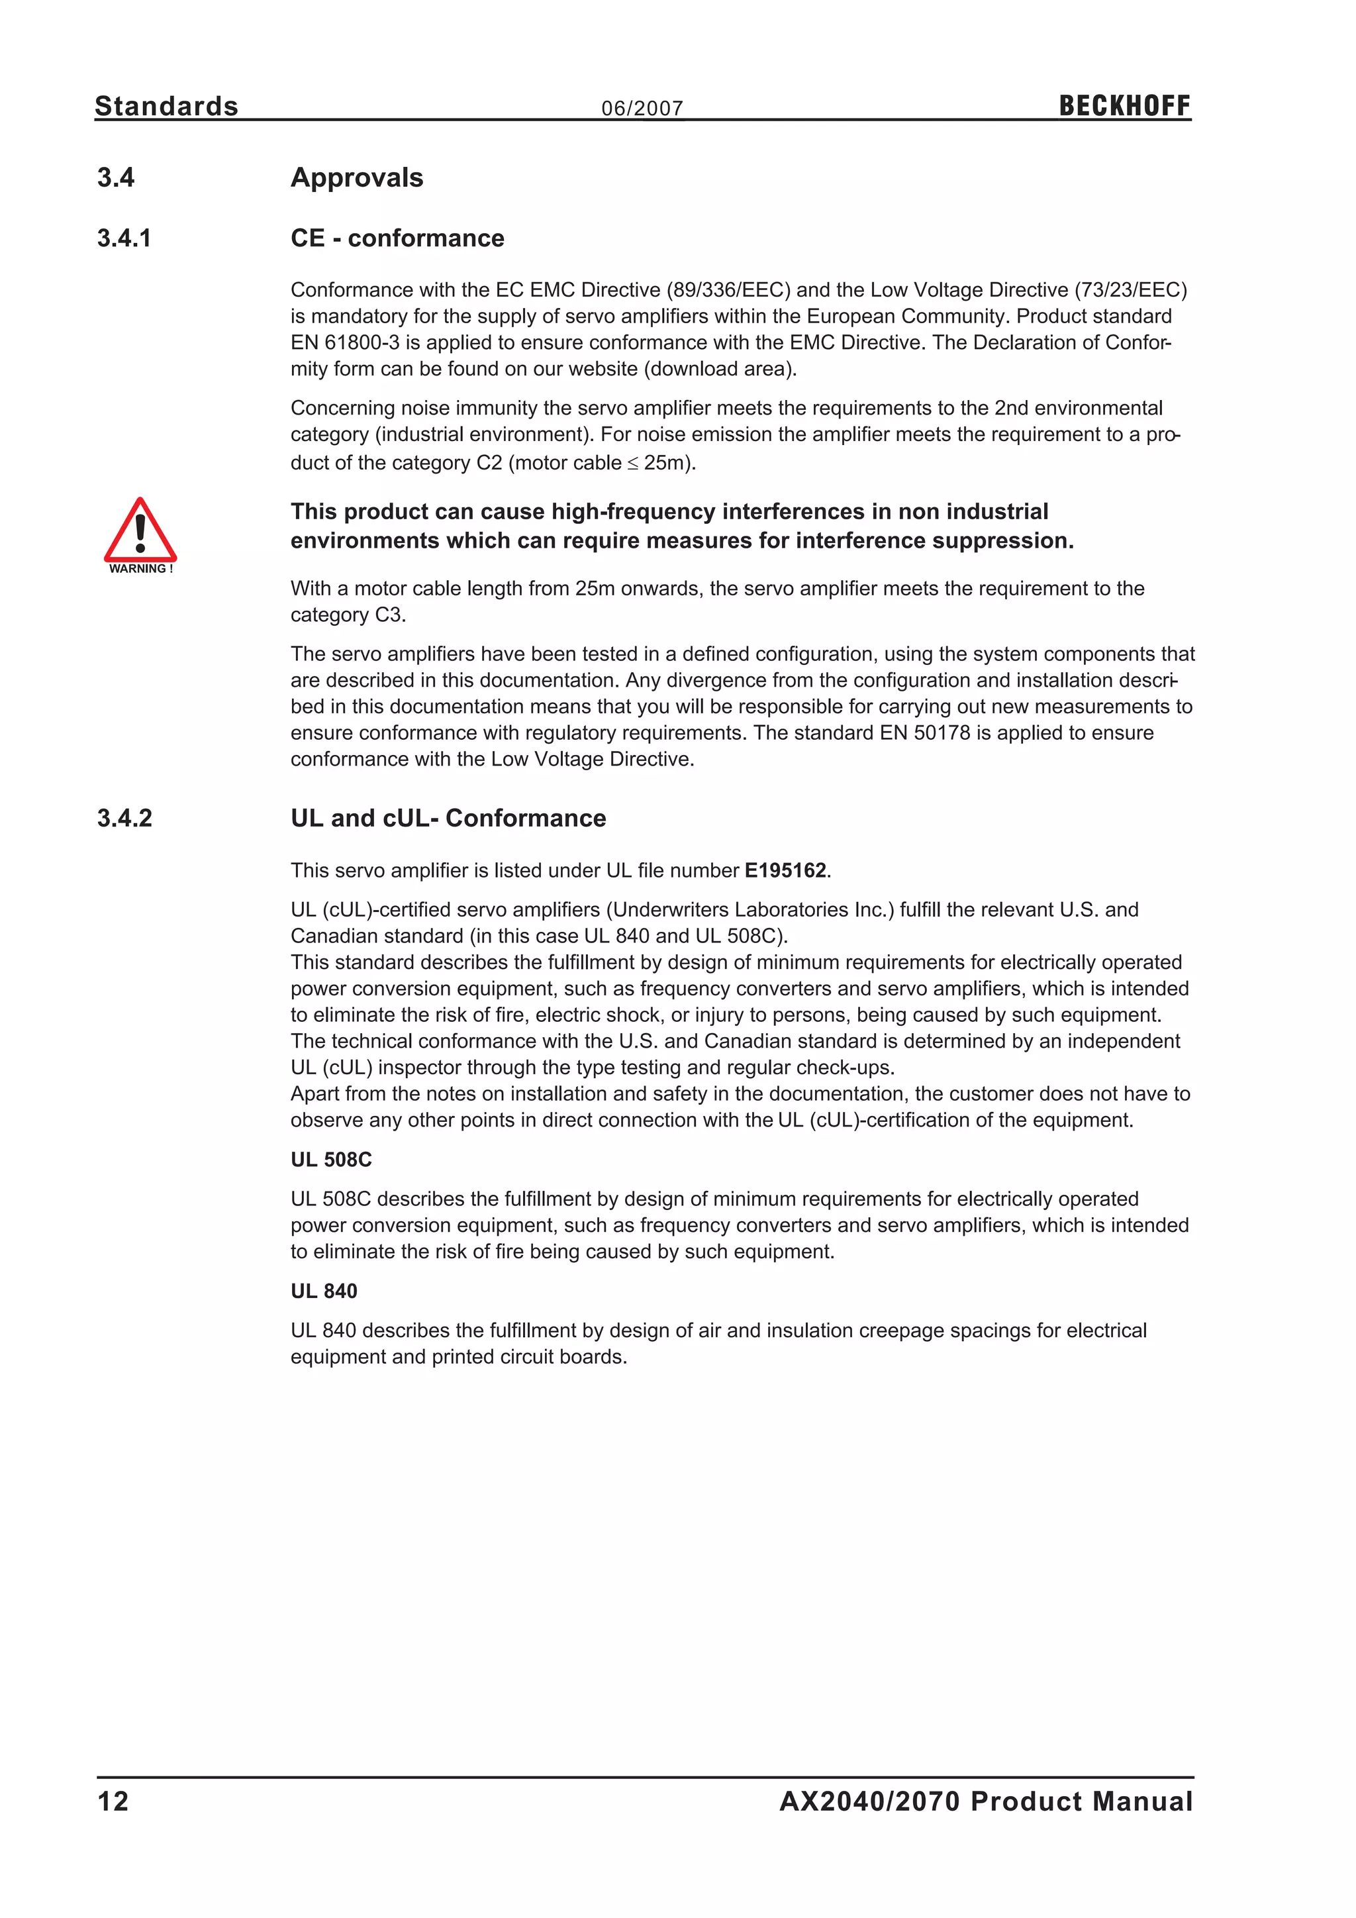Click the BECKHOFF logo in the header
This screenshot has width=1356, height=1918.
1124,106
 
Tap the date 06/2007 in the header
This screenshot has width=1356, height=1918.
642,109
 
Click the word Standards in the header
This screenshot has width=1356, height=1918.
166,106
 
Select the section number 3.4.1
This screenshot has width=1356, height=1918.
124,238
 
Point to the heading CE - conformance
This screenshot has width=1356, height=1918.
397,238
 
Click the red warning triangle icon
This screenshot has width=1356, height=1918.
140,531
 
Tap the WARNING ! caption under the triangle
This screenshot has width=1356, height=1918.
140,569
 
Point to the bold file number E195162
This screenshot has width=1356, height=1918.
785,870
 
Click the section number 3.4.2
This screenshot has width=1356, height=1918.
124,818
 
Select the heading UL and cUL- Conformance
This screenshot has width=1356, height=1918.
448,818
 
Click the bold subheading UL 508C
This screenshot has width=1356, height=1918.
330,1160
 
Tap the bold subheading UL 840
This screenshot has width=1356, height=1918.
324,1291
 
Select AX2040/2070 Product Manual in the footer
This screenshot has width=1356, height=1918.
986,1801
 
